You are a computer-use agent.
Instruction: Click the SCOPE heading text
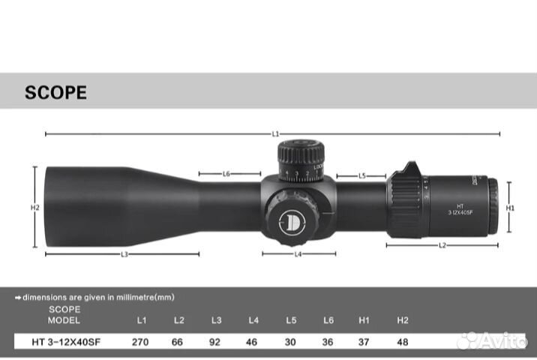[55, 93]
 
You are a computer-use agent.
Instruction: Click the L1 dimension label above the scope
[275, 133]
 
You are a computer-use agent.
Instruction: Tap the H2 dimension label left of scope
[34, 207]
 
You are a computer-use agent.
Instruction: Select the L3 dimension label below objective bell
[123, 254]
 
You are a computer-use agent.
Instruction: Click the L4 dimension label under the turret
[298, 254]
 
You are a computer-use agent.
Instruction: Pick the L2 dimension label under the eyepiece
[442, 245]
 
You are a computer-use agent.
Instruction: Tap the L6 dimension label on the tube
[226, 174]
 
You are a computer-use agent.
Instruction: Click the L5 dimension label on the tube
[361, 175]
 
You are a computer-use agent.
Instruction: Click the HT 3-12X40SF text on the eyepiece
[460, 208]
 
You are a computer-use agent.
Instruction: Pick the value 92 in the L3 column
[216, 341]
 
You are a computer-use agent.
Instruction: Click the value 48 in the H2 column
[403, 341]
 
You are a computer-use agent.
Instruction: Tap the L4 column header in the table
[253, 320]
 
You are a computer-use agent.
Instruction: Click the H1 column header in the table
[364, 320]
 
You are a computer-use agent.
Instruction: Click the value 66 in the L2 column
[178, 341]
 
